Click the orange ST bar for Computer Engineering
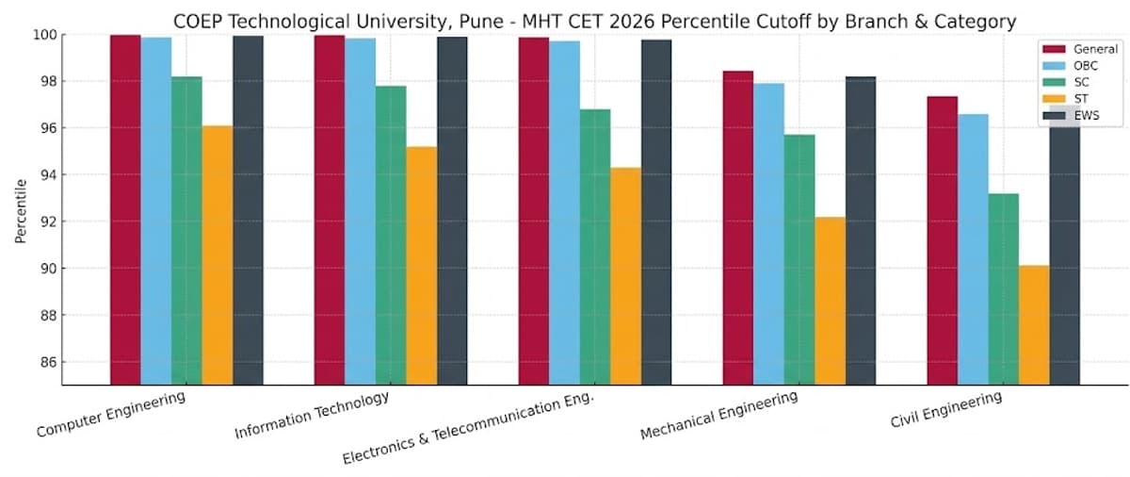point(218,255)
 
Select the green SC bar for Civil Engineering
point(1004,288)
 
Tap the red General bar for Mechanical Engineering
point(737,227)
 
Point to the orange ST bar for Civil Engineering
point(1034,324)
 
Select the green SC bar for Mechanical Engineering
point(799,259)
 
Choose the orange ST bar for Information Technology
point(422,265)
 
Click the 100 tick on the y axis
point(44,35)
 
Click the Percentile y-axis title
point(20,209)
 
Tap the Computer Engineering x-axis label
point(110,415)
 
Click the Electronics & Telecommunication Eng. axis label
point(468,429)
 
